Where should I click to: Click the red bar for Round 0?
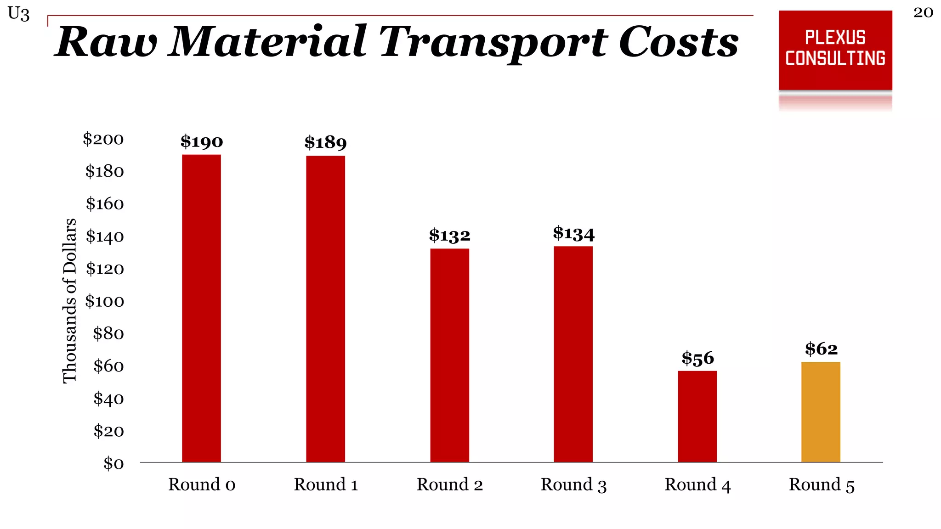201,308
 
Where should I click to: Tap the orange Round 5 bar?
821,412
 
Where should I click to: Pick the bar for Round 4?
697,416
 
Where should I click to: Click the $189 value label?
325,143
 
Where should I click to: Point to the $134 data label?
573,234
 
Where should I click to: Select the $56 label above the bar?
697,358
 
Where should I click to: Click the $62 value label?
821,349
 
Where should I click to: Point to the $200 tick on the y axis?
103,139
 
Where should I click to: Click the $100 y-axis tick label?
105,301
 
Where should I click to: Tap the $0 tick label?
113,463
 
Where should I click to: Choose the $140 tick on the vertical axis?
105,236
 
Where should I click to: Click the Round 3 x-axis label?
573,485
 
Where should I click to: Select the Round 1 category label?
326,484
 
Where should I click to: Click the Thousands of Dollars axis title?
69,301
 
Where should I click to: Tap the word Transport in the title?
494,43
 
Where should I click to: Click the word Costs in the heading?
679,42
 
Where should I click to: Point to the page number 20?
923,12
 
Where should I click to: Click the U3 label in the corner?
19,14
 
